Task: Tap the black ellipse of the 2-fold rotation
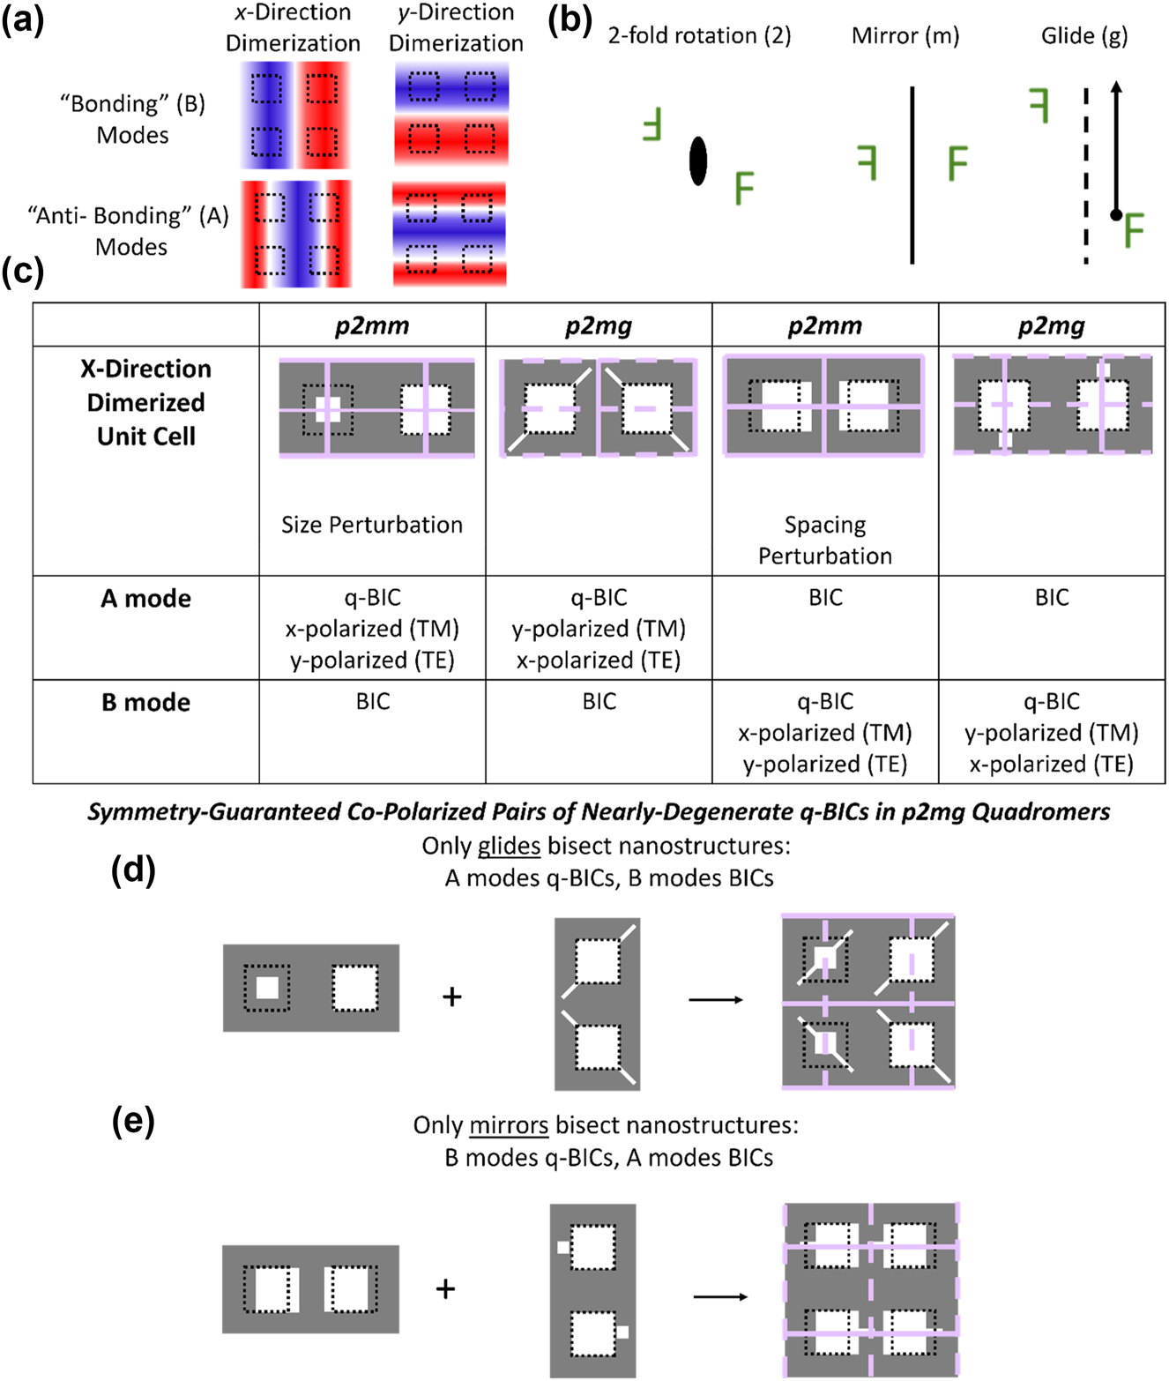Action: coord(698,160)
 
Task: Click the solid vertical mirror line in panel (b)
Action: coord(912,175)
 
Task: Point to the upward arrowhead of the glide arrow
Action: coord(1115,87)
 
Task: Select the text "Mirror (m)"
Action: coord(905,35)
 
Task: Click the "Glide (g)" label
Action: coord(1084,36)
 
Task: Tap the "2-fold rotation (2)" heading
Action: coord(699,35)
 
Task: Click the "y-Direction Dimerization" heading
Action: coord(456,28)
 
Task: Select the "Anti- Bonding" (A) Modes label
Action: coord(128,230)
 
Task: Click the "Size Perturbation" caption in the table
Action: coord(371,525)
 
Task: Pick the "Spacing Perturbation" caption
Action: coord(825,540)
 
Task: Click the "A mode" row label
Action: coord(145,598)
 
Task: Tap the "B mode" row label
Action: coord(145,702)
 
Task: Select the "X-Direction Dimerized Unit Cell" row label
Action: coord(145,402)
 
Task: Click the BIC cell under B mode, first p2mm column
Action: coord(373,702)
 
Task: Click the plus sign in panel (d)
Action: coord(452,997)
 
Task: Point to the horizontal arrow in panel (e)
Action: coord(720,1297)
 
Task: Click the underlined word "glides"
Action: coord(509,846)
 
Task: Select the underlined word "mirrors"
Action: coord(509,1125)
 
